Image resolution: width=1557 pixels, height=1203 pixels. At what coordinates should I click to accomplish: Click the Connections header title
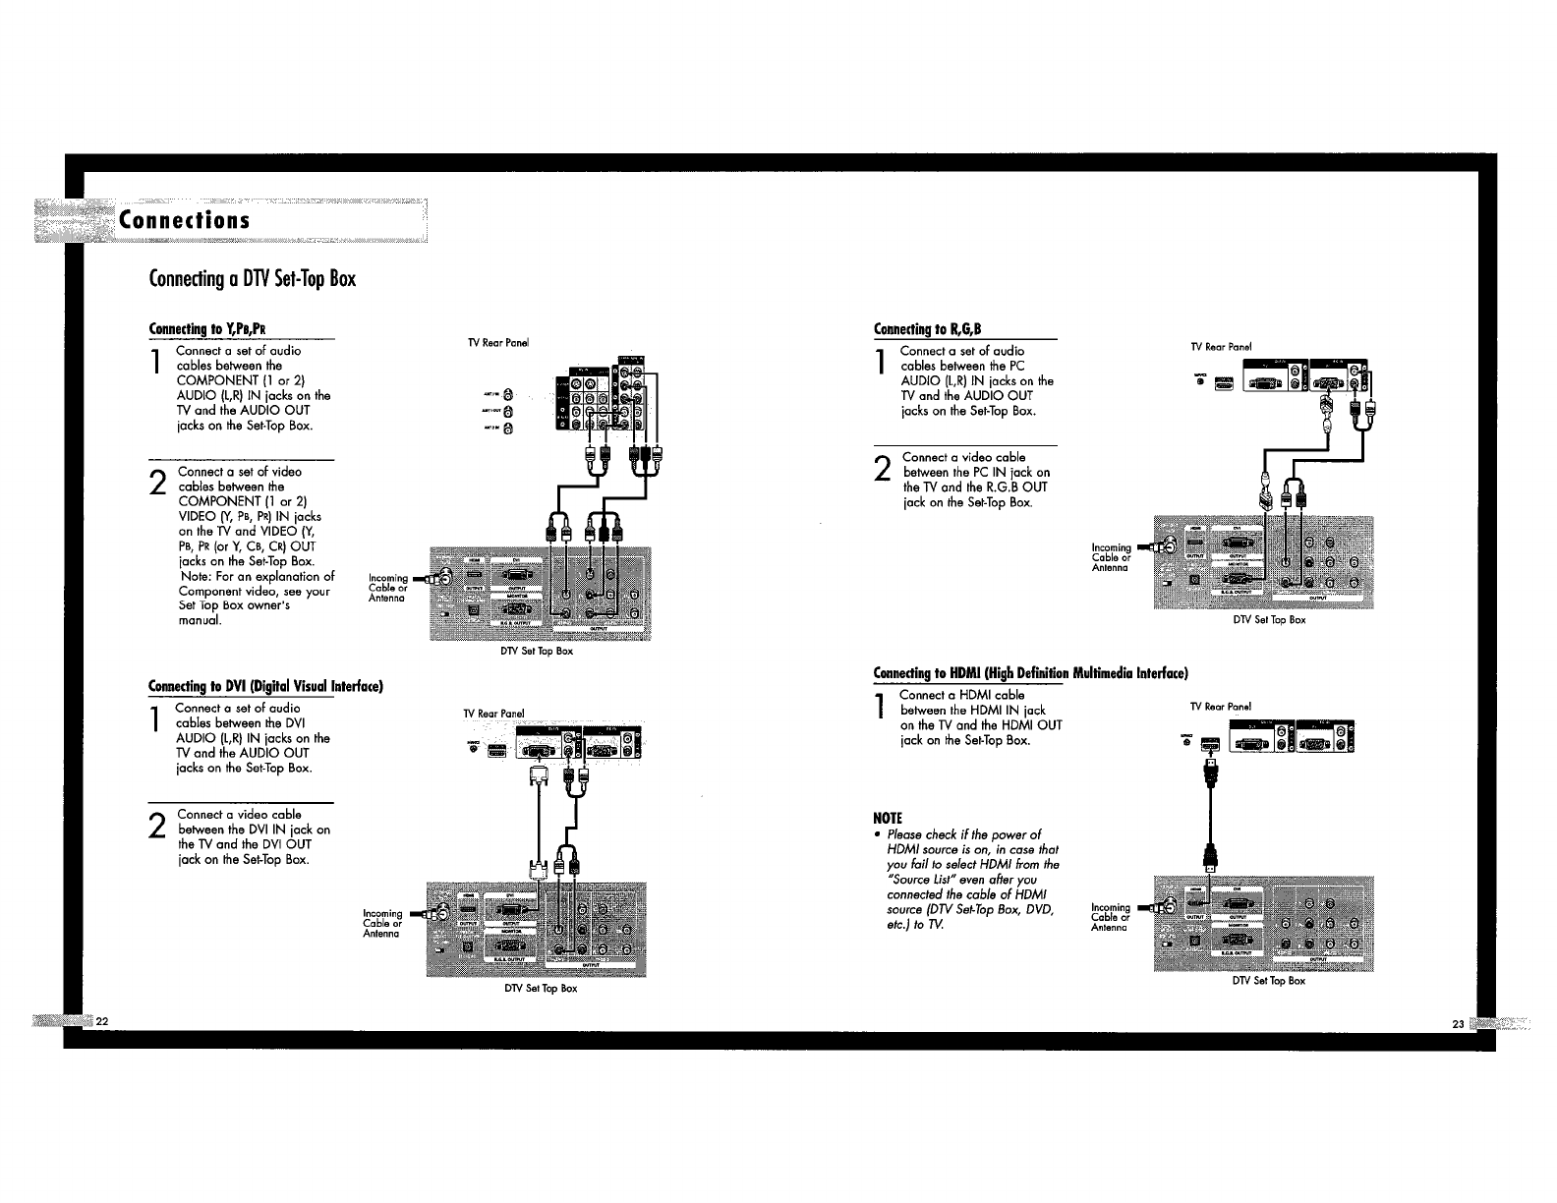pos(184,219)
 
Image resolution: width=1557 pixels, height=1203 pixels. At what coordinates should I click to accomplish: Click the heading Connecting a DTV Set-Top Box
pos(252,279)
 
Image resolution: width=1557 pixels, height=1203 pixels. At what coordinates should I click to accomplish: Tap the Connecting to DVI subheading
pos(263,685)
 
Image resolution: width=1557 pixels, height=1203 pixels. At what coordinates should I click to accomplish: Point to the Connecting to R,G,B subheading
pos(928,328)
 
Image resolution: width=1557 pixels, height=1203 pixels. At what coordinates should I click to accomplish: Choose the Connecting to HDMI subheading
pos(1031,673)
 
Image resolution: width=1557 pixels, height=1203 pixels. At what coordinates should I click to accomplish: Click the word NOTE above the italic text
pos(888,818)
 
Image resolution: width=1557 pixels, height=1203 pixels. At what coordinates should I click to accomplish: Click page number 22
pos(101,1022)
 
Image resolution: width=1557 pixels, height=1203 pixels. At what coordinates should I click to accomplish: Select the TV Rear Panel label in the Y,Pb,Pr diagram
pos(498,343)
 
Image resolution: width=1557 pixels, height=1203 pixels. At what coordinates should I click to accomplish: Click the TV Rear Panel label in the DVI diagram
pos(494,713)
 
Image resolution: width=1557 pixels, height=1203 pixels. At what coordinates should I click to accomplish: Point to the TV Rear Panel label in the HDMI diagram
pos(1220,706)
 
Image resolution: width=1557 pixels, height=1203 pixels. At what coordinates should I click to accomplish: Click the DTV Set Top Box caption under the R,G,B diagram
pos(1270,620)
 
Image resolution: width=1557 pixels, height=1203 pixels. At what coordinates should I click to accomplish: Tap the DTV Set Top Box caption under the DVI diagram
pos(538,988)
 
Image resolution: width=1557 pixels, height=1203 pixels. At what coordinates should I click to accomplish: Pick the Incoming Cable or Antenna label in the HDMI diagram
pos(1111,917)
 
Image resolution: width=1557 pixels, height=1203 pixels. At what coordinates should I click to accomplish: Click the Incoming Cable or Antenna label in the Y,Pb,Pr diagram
pos(387,588)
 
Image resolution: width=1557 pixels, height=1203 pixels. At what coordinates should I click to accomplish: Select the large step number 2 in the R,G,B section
pos(882,470)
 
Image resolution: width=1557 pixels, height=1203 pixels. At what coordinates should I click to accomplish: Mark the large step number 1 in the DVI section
pos(155,721)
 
